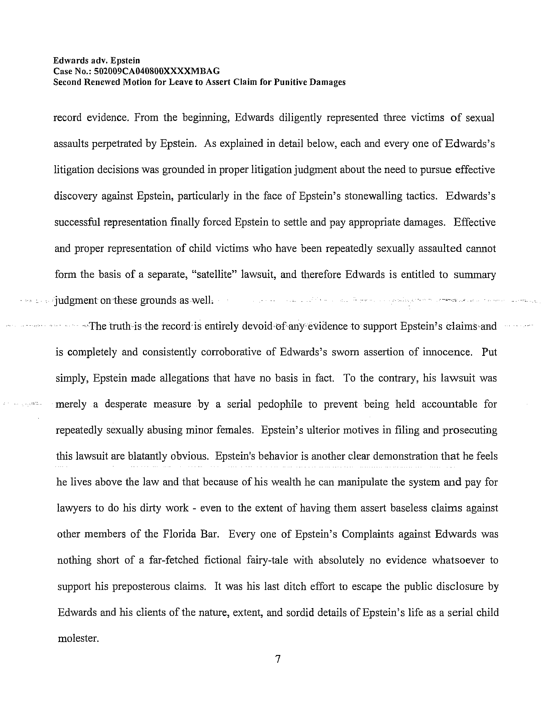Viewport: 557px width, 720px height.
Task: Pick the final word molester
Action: point(78,639)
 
